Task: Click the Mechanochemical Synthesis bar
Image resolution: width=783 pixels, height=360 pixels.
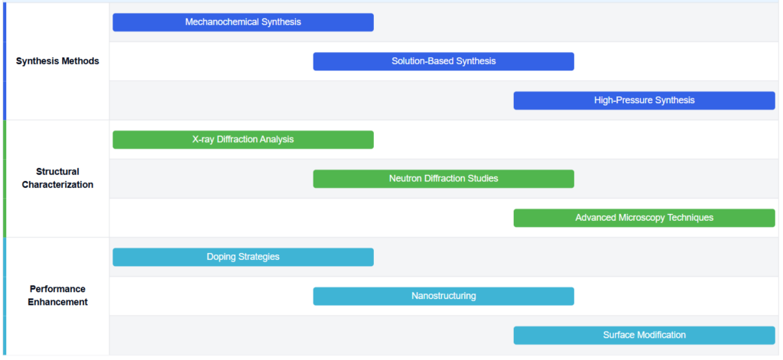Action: pos(243,22)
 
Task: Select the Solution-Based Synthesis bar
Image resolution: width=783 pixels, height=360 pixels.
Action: pos(443,61)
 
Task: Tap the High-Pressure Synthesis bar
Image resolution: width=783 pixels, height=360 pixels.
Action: pos(644,100)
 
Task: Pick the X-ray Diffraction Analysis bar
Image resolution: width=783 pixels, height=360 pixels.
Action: pos(243,140)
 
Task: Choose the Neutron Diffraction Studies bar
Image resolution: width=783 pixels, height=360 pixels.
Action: pos(443,179)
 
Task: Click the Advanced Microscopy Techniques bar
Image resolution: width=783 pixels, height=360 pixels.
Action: pos(644,218)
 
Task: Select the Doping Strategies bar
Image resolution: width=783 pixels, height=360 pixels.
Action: pos(243,257)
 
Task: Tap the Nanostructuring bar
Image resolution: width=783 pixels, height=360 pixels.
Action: pos(443,296)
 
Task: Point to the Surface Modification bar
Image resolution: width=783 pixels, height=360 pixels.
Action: pos(644,335)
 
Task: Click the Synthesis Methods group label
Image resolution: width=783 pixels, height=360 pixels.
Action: pos(57,61)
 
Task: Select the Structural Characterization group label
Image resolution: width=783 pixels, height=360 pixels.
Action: pos(57,178)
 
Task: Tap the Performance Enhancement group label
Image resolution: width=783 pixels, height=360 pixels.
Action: pos(57,296)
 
